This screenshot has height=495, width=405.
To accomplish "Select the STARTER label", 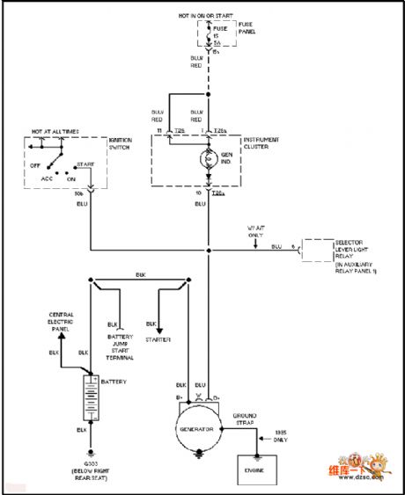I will click(x=159, y=338).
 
